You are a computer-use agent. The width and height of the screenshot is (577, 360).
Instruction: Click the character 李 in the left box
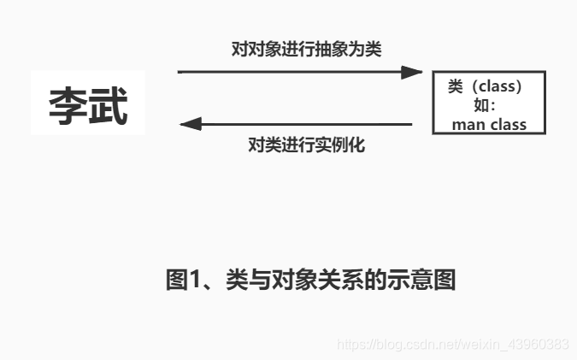click(x=68, y=106)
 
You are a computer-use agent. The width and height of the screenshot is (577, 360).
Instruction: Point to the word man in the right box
click(x=469, y=125)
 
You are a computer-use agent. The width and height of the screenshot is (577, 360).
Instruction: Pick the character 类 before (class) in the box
click(x=456, y=86)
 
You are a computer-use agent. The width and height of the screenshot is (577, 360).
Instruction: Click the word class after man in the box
click(x=509, y=125)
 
